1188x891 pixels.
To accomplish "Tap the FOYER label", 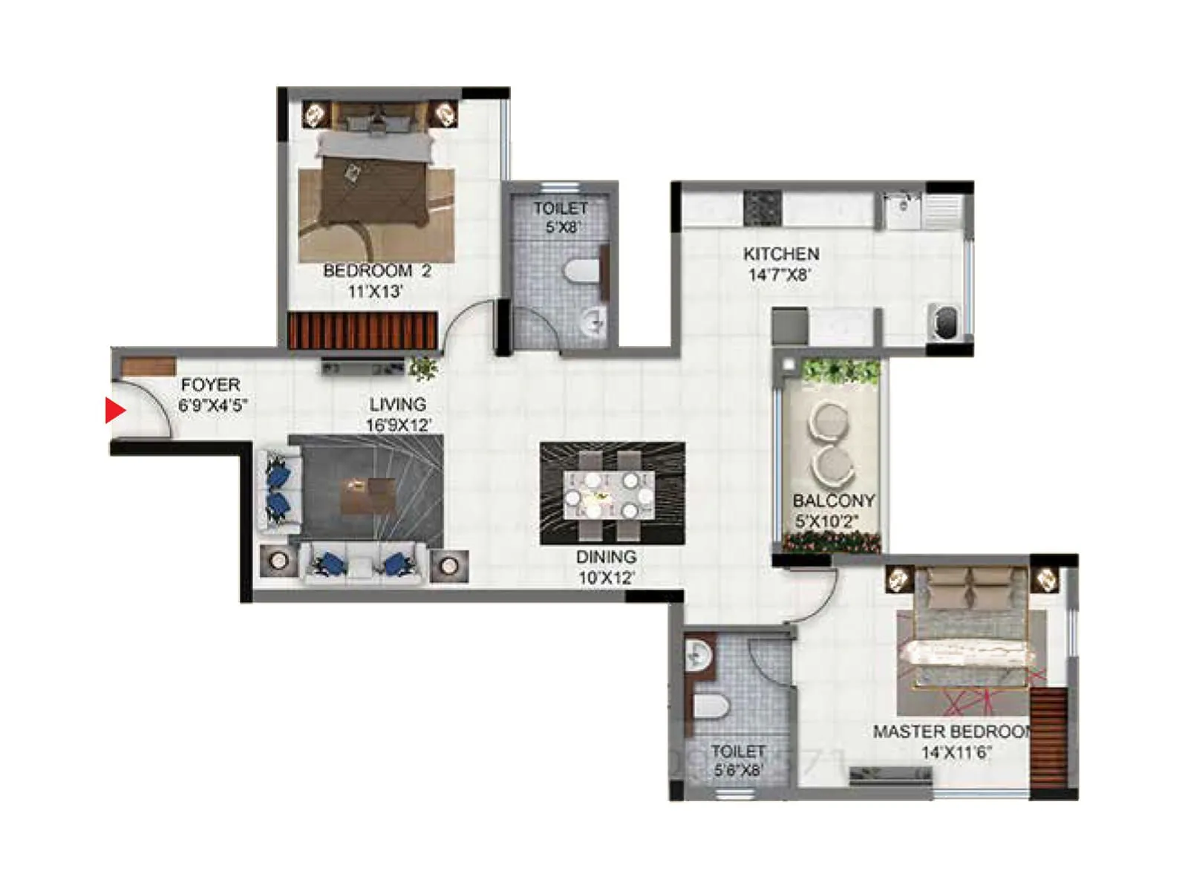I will [x=211, y=385].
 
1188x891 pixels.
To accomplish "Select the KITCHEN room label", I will [x=781, y=254].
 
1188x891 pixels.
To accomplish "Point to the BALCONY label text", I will [x=833, y=500].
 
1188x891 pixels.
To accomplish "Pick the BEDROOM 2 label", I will [x=377, y=271].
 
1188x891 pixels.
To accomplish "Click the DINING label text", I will [x=606, y=557].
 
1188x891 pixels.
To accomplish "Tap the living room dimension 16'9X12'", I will [x=398, y=425].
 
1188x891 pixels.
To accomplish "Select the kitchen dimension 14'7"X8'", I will [x=779, y=275].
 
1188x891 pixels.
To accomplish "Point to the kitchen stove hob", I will [x=762, y=208].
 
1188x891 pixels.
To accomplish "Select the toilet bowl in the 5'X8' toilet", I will [x=582, y=272].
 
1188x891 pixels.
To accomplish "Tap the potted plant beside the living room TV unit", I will [x=423, y=368].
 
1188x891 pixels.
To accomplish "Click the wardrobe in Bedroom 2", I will [x=362, y=330].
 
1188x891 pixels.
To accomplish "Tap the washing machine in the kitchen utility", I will [x=944, y=322].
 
